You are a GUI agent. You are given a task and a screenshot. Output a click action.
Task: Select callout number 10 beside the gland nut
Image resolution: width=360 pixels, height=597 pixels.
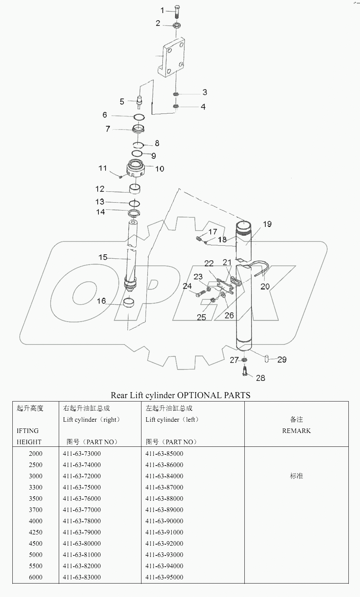(x=160, y=169)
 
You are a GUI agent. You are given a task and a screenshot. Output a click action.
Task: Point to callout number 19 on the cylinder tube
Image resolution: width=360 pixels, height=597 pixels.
(x=267, y=224)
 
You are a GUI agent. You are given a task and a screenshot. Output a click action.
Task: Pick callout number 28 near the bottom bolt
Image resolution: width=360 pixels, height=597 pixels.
(x=260, y=378)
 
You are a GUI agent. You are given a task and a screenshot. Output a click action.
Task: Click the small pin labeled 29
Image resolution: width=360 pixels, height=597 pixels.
(x=266, y=359)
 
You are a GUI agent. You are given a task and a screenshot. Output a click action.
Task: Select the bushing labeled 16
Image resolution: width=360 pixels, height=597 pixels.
(x=129, y=302)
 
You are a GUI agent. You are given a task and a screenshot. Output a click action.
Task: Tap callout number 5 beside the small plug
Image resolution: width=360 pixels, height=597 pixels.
(x=122, y=101)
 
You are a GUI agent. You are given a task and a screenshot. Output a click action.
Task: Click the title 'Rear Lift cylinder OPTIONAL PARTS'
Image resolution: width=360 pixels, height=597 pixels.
(x=180, y=395)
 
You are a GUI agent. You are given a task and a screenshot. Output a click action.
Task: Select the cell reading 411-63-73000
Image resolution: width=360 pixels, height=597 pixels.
(x=82, y=454)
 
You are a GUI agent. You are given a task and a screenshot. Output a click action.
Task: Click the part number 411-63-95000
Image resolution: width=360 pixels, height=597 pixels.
(x=164, y=577)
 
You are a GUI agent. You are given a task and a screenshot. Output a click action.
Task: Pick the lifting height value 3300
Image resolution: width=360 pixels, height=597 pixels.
(x=36, y=487)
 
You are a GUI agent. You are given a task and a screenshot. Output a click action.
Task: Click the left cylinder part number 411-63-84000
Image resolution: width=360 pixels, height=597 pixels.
(x=164, y=476)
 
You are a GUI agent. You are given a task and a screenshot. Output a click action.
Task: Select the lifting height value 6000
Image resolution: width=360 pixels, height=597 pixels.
(x=36, y=577)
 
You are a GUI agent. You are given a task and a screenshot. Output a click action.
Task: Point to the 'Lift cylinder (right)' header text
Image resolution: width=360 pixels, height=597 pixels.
(x=91, y=419)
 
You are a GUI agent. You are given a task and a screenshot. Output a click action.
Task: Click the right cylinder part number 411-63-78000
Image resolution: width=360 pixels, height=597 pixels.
(x=82, y=521)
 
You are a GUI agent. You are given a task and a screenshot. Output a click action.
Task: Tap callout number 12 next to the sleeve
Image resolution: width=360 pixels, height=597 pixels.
(x=100, y=189)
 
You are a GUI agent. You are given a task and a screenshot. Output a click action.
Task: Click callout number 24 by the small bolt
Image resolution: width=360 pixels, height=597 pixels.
(x=187, y=286)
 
